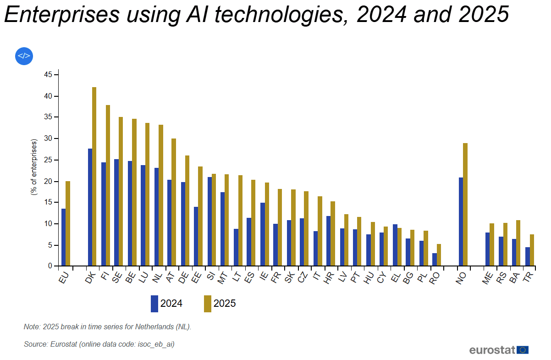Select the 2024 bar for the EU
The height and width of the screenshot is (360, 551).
tap(63, 237)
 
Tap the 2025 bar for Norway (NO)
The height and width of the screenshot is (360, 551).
tap(465, 205)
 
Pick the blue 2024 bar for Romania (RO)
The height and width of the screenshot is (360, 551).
tap(434, 260)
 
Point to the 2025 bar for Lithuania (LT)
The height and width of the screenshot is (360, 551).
tap(240, 221)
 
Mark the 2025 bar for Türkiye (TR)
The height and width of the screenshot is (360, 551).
tap(532, 250)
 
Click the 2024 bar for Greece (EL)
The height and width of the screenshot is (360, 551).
tap(395, 245)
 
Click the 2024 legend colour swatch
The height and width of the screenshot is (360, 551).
tap(154, 304)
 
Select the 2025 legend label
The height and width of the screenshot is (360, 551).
tap(225, 304)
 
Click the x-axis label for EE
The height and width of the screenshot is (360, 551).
tap(196, 277)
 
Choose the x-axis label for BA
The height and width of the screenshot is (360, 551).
tap(514, 277)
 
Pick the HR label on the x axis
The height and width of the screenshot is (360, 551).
tap(328, 277)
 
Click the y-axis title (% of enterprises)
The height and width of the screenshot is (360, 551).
tap(34, 167)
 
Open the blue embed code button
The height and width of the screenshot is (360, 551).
tap(24, 56)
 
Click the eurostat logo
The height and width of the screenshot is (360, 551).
tap(499, 350)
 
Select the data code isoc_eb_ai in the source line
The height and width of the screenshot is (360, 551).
tap(155, 344)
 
